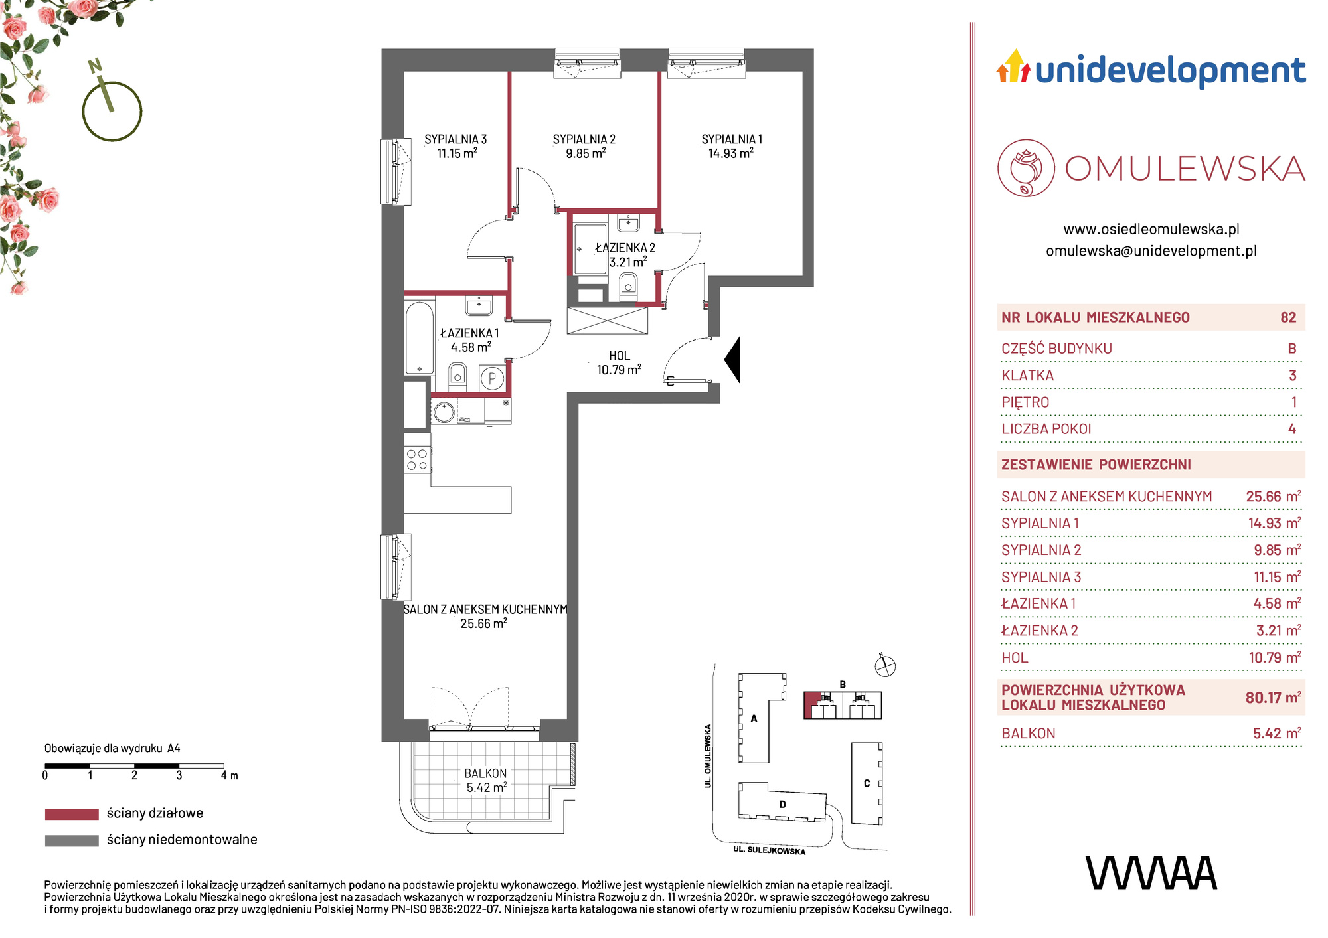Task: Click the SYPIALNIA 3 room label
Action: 456,139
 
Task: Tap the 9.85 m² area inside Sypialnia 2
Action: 586,153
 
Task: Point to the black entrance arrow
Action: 732,360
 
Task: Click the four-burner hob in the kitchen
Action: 417,460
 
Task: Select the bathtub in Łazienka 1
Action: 420,338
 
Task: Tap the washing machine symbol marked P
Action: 492,379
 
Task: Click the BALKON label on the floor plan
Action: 485,773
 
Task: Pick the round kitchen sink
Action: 444,412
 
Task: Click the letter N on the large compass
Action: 95,66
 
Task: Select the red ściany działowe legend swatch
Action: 72,814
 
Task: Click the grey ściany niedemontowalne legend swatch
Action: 72,840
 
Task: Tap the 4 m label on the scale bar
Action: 229,775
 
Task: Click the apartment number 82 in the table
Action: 1288,317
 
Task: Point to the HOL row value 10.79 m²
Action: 1274,657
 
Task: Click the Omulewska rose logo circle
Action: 1026,168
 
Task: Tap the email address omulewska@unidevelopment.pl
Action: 1151,251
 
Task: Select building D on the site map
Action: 783,805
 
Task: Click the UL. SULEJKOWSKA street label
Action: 769,850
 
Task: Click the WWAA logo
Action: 1151,873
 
